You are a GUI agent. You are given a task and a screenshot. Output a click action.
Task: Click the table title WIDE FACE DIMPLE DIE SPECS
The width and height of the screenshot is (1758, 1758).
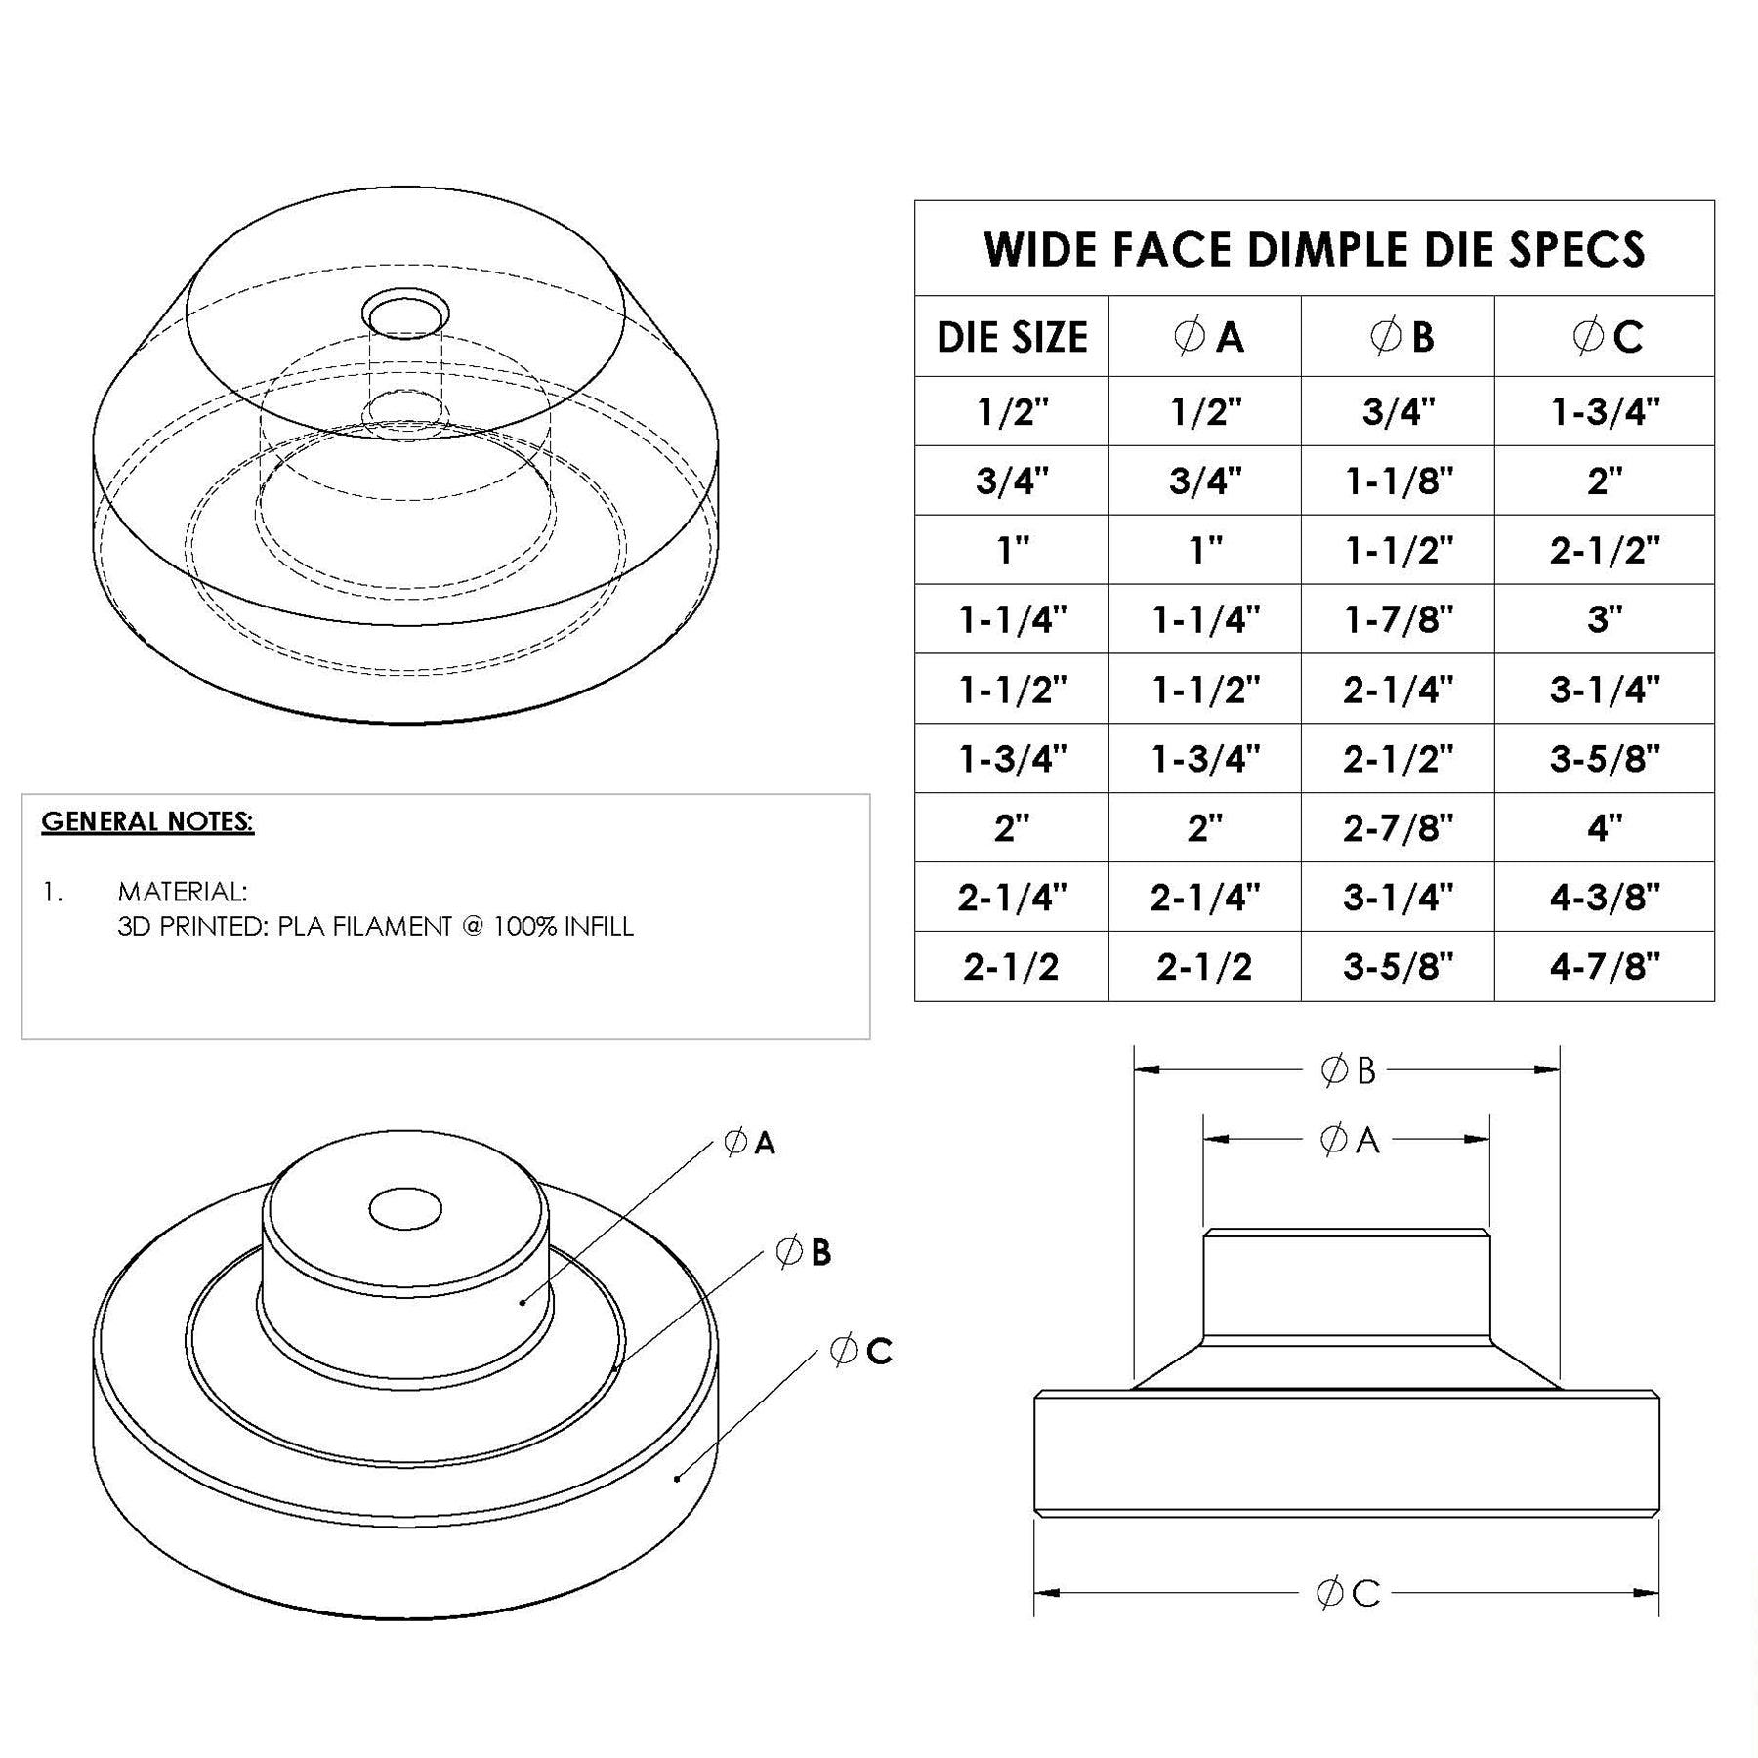tap(1314, 249)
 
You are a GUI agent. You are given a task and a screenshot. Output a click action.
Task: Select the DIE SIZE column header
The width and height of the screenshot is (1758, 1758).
tap(1011, 338)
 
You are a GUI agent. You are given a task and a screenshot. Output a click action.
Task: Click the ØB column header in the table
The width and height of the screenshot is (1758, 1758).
tap(1399, 338)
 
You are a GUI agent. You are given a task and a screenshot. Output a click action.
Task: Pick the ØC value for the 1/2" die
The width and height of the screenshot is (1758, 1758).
tap(1604, 412)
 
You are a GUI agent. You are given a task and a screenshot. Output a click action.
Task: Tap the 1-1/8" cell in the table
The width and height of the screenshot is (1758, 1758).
tap(1399, 481)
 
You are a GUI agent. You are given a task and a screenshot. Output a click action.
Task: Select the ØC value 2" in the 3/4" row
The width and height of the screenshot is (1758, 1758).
tap(1604, 481)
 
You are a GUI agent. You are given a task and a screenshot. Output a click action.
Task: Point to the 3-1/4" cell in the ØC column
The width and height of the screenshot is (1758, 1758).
tap(1604, 690)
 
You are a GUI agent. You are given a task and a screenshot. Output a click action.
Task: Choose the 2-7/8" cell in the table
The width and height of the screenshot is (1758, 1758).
tap(1399, 828)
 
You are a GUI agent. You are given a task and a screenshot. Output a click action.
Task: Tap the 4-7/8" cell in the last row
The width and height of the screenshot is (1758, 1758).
tap(1604, 967)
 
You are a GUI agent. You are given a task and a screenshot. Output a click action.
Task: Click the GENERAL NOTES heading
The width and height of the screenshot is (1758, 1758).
tap(147, 822)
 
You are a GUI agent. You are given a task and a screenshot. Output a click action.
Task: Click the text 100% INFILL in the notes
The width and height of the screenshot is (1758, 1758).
tap(563, 926)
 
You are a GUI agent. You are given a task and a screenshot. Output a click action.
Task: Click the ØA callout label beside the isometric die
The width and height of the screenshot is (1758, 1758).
tap(749, 1142)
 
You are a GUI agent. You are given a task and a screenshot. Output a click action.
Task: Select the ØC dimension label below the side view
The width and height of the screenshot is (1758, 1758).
tap(1348, 1594)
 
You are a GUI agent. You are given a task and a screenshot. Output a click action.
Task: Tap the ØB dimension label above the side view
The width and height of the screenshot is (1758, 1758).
tap(1348, 1070)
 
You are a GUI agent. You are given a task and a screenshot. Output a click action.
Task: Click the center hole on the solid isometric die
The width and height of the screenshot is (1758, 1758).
tap(405, 1208)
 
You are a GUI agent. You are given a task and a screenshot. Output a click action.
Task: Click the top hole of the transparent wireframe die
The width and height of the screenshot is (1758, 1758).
tap(405, 314)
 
